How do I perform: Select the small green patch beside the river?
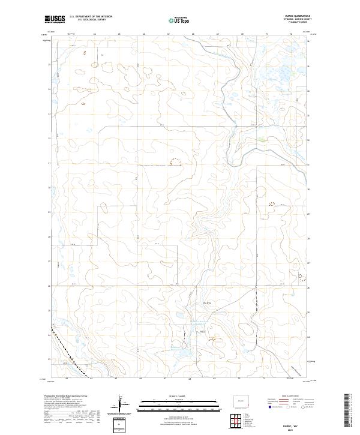pyautogui.click(x=262, y=141)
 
